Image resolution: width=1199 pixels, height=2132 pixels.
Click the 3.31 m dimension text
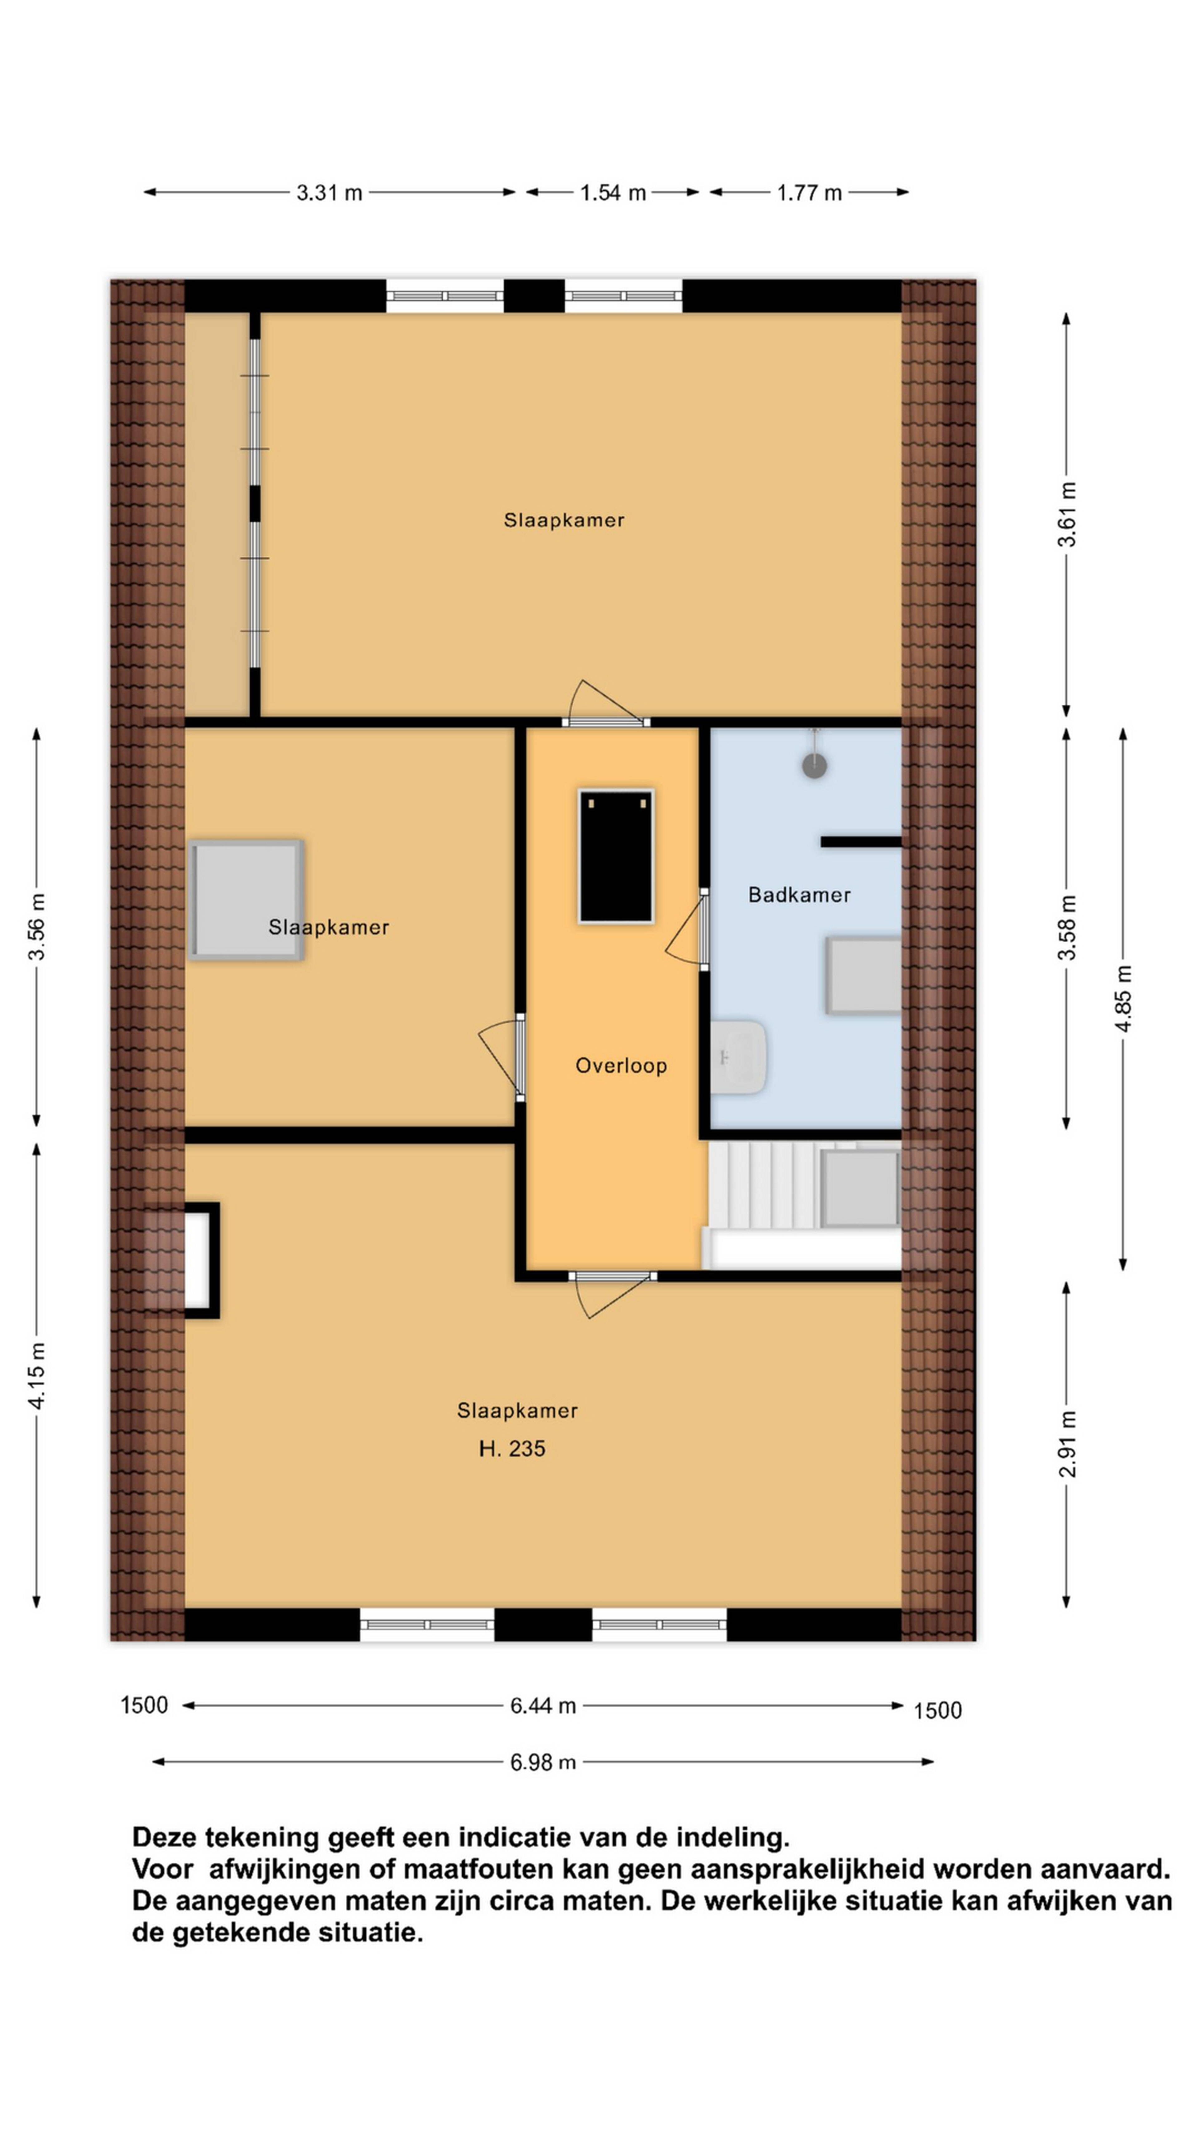click(x=329, y=193)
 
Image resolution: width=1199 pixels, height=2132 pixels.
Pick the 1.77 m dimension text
click(x=808, y=193)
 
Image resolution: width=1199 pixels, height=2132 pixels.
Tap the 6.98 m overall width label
click(x=543, y=1762)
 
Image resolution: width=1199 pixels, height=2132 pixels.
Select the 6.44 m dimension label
click(x=543, y=1706)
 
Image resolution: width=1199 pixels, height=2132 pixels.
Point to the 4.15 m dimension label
click(x=37, y=1375)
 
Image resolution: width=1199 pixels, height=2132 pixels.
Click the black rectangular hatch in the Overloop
click(x=616, y=856)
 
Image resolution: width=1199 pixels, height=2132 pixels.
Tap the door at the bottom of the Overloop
click(x=612, y=1294)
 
